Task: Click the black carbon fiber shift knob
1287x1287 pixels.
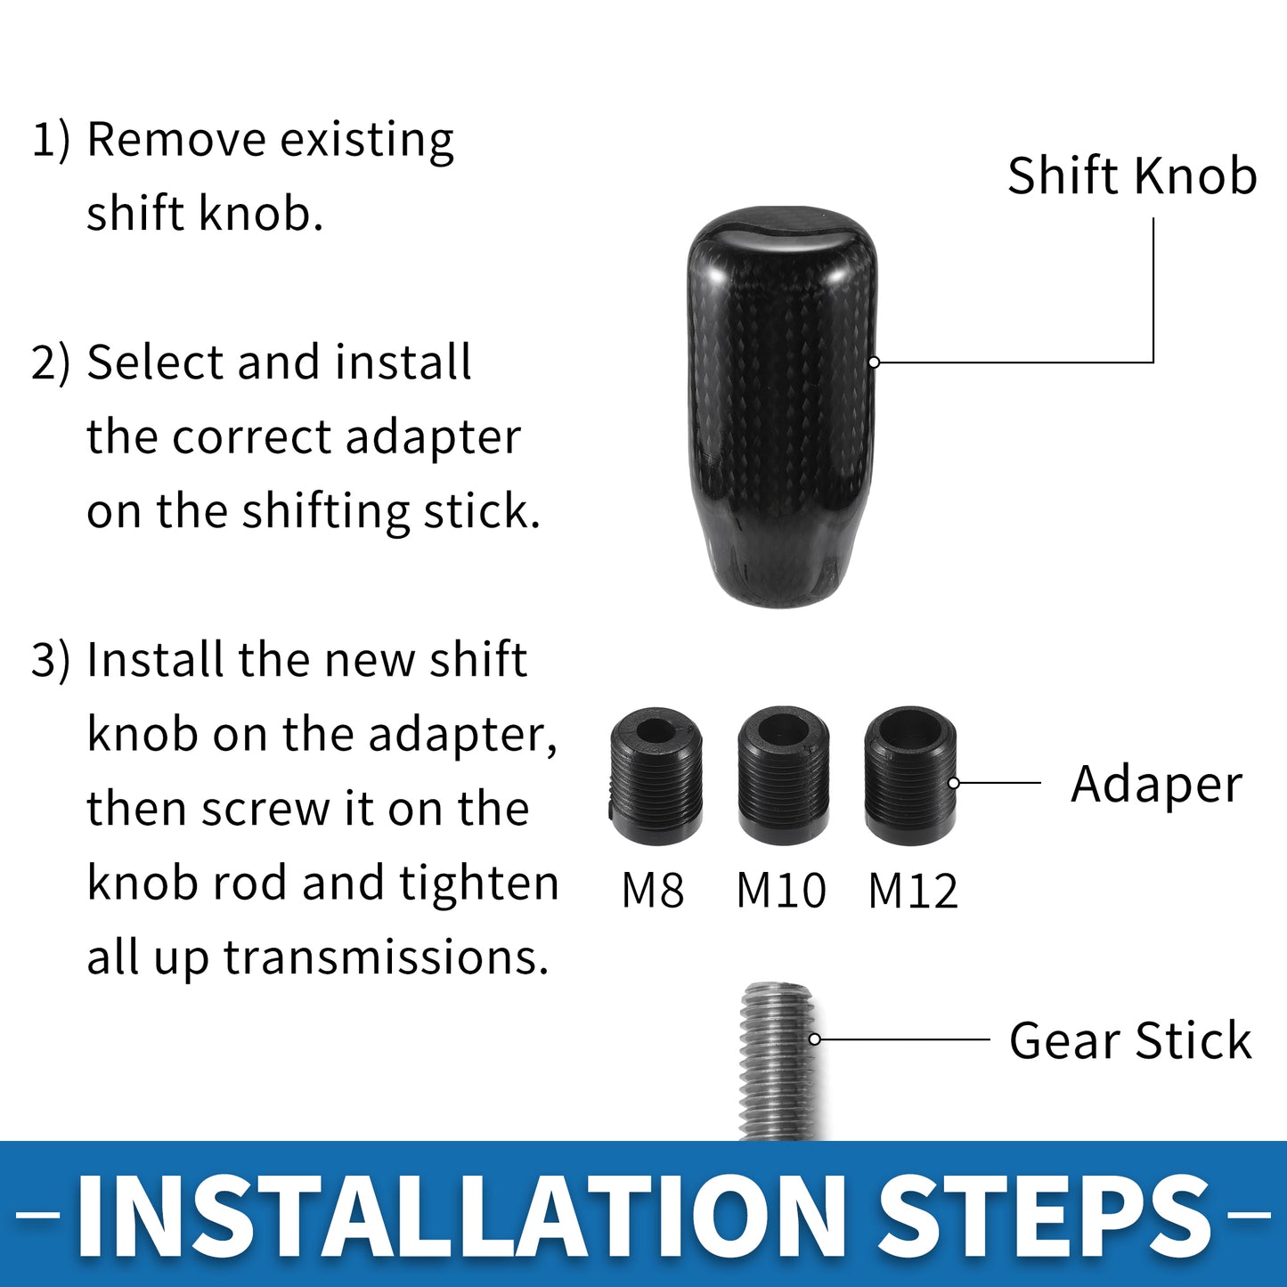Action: [781, 407]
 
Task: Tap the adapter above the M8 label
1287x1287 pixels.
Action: [656, 776]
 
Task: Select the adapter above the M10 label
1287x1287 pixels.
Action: [784, 776]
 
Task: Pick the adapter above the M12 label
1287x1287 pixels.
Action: [910, 776]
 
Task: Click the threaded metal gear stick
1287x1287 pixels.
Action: [778, 1062]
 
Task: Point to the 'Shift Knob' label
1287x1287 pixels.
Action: [1132, 175]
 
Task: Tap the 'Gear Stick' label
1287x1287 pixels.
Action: [1130, 1040]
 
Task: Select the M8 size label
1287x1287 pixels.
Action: [653, 891]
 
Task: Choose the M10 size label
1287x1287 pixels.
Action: [781, 891]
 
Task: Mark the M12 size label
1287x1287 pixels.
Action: [912, 891]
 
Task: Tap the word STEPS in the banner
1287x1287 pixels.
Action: [1043, 1217]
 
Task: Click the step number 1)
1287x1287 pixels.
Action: [51, 140]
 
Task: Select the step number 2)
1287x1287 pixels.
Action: [51, 363]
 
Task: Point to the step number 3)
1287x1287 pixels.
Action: [51, 661]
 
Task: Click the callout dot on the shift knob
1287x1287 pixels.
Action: [875, 362]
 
